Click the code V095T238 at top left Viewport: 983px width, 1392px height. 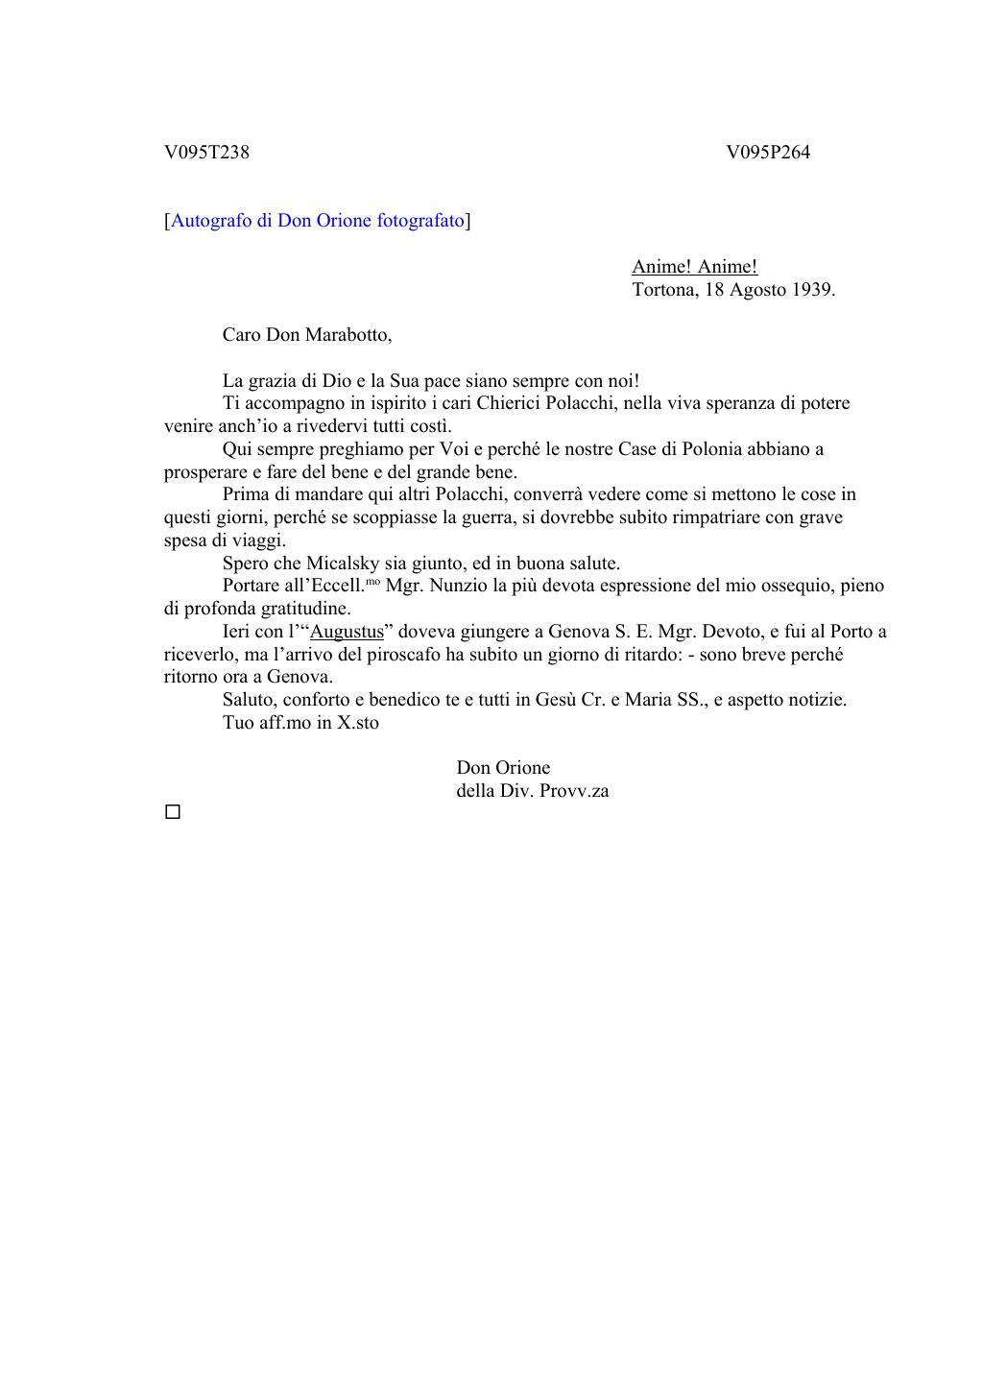point(206,153)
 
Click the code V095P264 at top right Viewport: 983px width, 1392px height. point(768,153)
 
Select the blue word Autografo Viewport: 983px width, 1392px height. point(211,221)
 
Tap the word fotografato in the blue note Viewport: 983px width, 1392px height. point(420,221)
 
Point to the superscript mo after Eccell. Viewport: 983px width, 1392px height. point(372,582)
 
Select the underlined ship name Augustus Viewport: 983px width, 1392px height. point(347,632)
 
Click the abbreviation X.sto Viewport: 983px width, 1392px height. point(357,723)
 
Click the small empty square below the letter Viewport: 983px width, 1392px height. point(173,812)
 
